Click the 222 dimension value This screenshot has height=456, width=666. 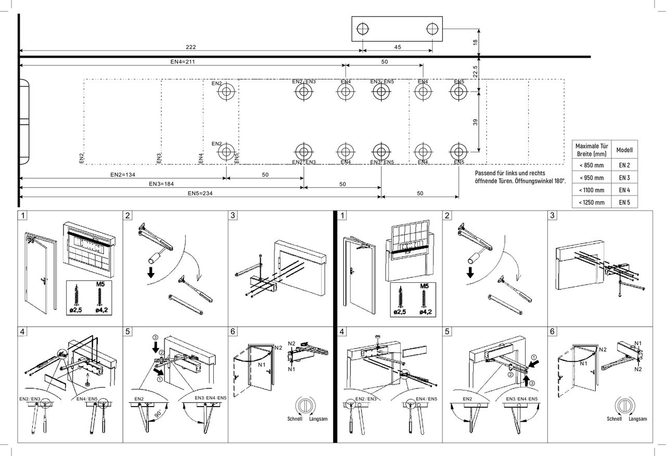tap(190, 47)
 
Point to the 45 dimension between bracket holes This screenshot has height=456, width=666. tap(398, 47)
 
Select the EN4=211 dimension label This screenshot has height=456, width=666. tap(182, 61)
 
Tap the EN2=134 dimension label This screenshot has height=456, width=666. tap(123, 175)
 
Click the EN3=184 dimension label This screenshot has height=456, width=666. tap(161, 184)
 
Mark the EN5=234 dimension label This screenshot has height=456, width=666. tap(200, 193)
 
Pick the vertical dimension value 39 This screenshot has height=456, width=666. tap(475, 122)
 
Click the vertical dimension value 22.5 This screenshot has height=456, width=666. tap(475, 71)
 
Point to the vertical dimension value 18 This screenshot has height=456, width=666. tap(475, 42)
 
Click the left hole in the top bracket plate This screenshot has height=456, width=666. tap(363, 29)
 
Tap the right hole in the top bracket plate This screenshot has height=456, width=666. tap(432, 29)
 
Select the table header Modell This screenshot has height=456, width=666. tap(624, 150)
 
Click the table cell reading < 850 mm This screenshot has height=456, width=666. tap(591, 165)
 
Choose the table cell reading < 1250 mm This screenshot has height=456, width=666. tap(591, 203)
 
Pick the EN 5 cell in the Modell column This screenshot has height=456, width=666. tap(624, 203)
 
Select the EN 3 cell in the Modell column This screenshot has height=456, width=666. tap(624, 178)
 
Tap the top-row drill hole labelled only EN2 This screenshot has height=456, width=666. tap(226, 93)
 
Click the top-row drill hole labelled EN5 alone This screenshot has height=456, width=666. tap(458, 92)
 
